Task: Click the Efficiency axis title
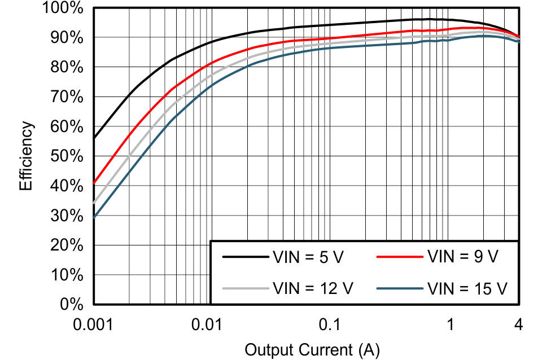(x=27, y=156)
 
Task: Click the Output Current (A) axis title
(x=312, y=349)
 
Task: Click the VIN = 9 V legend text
(x=463, y=257)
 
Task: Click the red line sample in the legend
(x=399, y=257)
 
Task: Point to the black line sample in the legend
(x=244, y=257)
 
